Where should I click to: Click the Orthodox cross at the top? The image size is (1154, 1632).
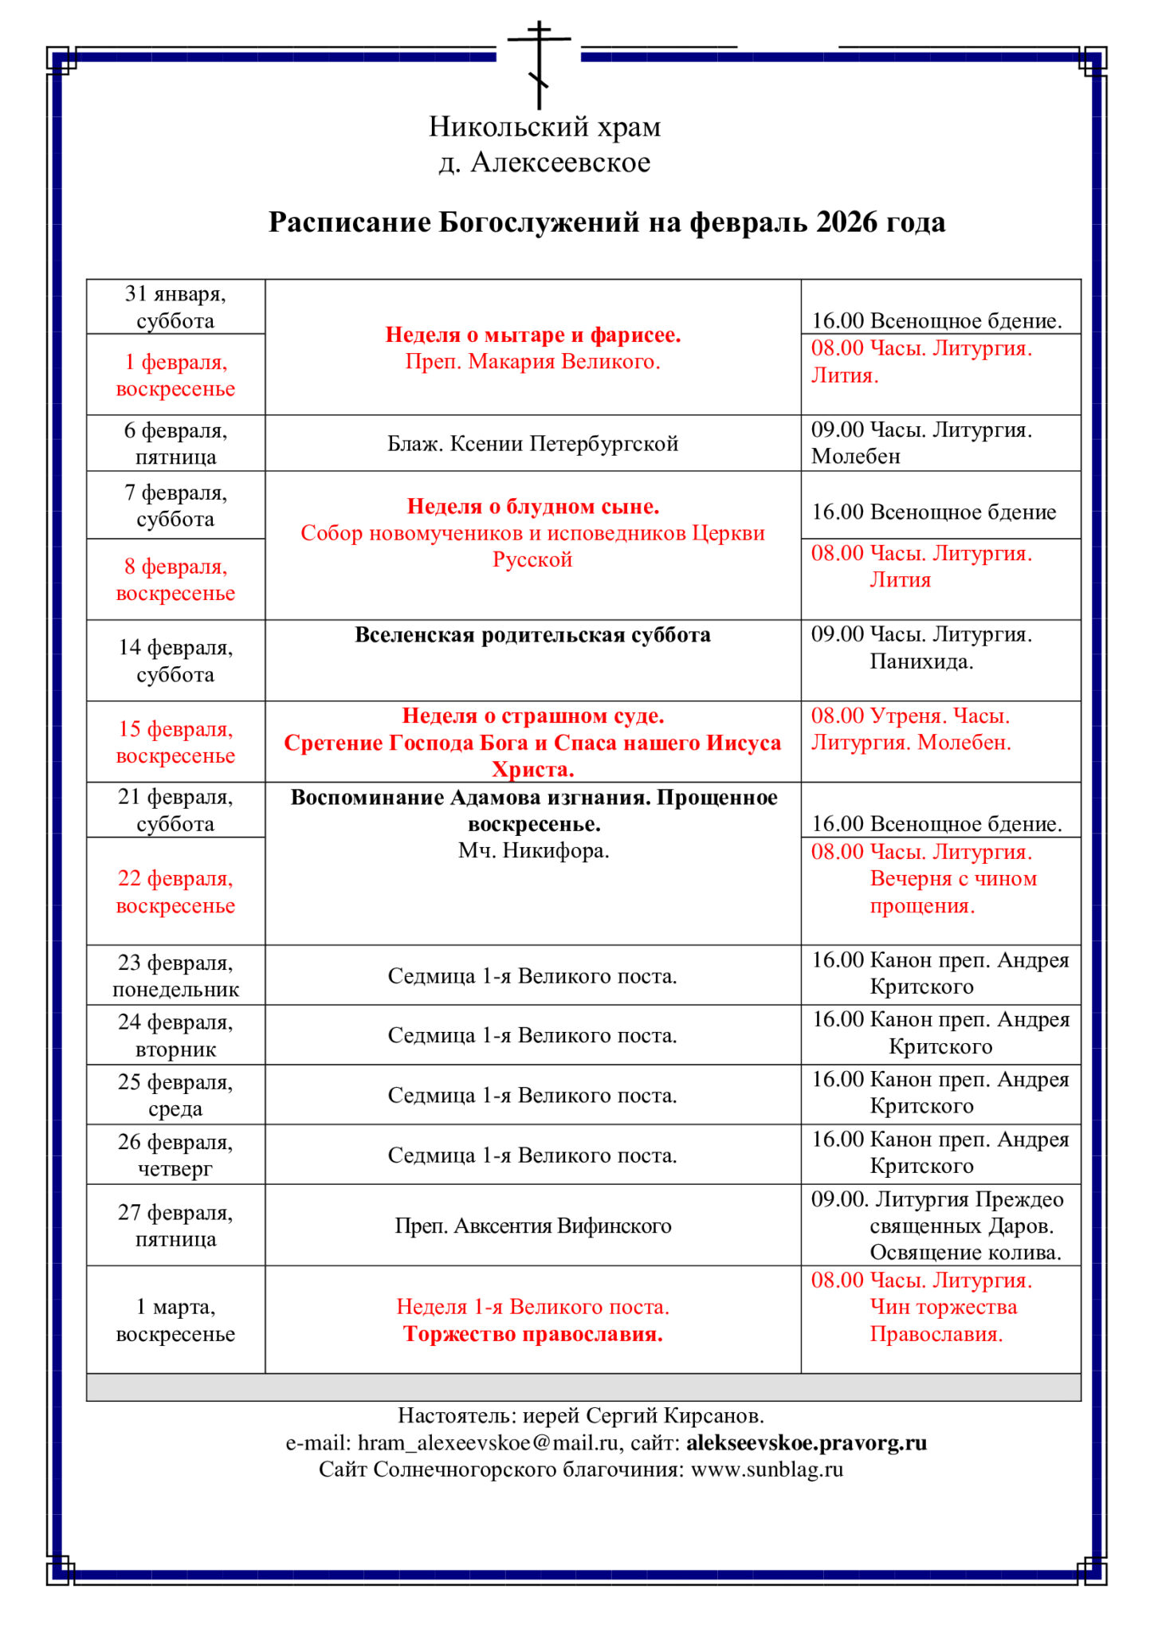pyautogui.click(x=540, y=64)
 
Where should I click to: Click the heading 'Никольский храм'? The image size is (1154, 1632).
pyautogui.click(x=544, y=127)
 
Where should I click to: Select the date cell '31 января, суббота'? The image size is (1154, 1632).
pyautogui.click(x=175, y=307)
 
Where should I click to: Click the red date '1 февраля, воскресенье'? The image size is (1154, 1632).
pyautogui.click(x=175, y=375)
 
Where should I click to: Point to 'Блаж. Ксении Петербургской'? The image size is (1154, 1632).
pyautogui.click(x=532, y=443)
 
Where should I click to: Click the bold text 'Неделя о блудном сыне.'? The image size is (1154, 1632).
pyautogui.click(x=532, y=507)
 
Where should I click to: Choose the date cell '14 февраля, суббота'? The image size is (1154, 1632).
pyautogui.click(x=175, y=661)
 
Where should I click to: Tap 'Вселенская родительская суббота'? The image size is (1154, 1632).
pyautogui.click(x=532, y=635)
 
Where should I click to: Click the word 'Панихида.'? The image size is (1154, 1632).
pyautogui.click(x=921, y=661)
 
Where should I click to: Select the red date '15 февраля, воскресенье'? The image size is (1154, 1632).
pyautogui.click(x=175, y=742)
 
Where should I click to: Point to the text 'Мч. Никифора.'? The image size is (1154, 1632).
pyautogui.click(x=533, y=851)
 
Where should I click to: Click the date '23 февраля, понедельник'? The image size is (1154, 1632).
pyautogui.click(x=175, y=975)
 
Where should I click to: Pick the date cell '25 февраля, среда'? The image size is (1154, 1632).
pyautogui.click(x=175, y=1095)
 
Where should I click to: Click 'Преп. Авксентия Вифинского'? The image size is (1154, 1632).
pyautogui.click(x=532, y=1226)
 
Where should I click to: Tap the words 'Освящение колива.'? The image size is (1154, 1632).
pyautogui.click(x=965, y=1253)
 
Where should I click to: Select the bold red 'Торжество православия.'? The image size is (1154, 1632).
pyautogui.click(x=532, y=1334)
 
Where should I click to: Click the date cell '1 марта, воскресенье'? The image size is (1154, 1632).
pyautogui.click(x=175, y=1320)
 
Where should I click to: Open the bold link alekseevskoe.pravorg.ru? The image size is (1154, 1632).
pyautogui.click(x=806, y=1443)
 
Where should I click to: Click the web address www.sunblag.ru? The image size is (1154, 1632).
pyautogui.click(x=767, y=1469)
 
